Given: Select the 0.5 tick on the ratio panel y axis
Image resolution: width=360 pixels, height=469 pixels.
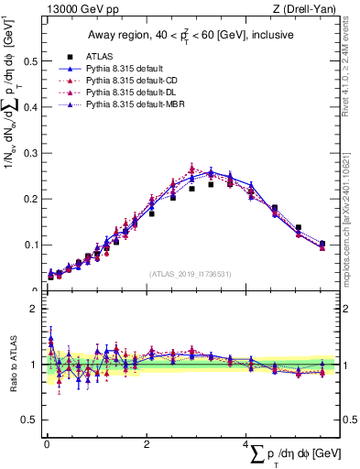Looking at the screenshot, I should tap(27, 420).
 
